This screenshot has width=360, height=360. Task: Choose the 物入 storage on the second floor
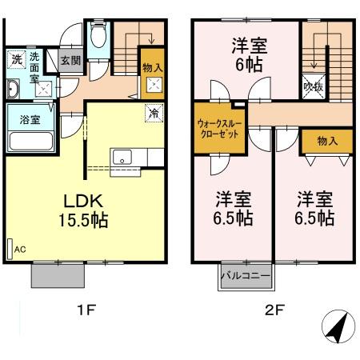coord(327,141)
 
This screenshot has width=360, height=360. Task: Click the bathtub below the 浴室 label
coord(30,142)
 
